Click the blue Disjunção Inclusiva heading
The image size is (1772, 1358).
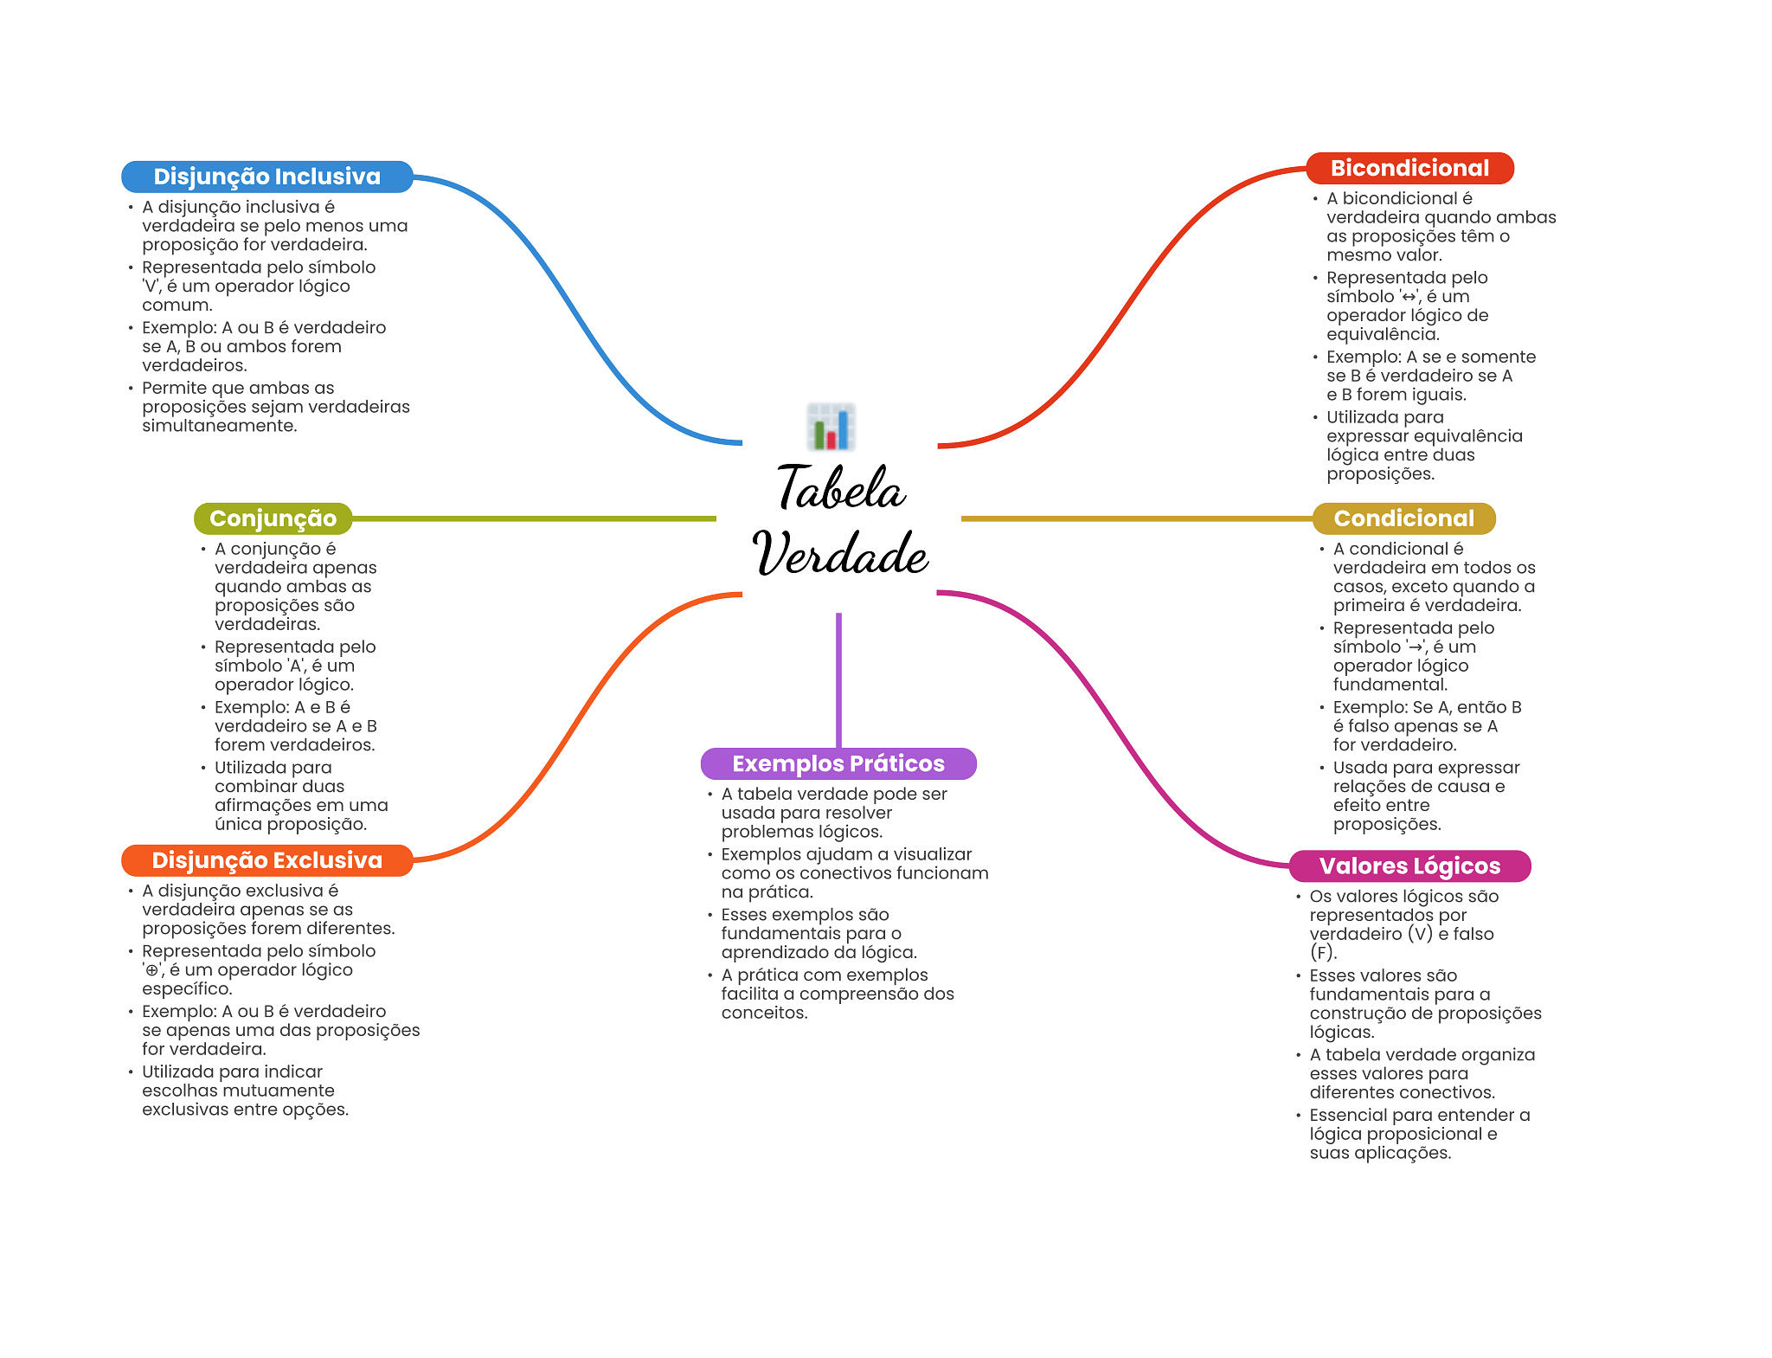[266, 177]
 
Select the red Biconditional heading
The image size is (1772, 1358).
[1409, 168]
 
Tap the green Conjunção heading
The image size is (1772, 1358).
[273, 518]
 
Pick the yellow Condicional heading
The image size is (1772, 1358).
[1403, 518]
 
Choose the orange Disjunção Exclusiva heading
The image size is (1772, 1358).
[266, 860]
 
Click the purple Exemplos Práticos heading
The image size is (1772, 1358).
[838, 763]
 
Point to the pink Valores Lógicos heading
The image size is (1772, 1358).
[1409, 866]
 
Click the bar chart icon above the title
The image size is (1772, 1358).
[831, 427]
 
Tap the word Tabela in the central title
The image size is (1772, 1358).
[841, 488]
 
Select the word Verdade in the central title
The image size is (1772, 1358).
[841, 554]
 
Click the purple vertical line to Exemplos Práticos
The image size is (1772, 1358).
[838, 679]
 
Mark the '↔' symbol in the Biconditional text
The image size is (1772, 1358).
[1409, 297]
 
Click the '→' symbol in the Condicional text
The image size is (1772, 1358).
[1415, 647]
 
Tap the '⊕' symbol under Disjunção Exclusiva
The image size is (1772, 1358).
[152, 970]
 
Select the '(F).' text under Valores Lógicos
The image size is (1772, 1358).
[1323, 953]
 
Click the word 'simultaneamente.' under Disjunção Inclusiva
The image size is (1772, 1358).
[220, 426]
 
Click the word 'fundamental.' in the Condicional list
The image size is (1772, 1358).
[1390, 685]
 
